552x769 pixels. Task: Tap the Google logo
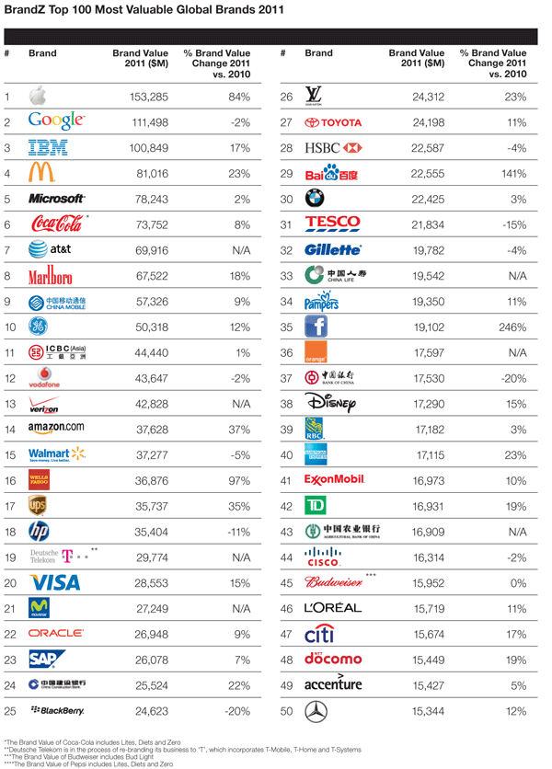point(57,121)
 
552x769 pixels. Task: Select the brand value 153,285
point(146,97)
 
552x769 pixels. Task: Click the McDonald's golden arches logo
point(41,172)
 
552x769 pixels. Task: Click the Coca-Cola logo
point(57,224)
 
